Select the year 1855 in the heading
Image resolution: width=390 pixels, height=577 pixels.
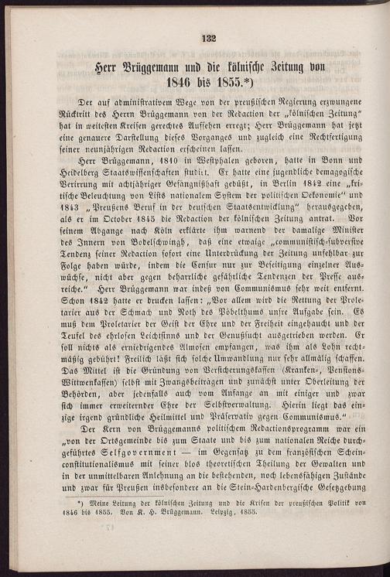coord(228,84)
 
